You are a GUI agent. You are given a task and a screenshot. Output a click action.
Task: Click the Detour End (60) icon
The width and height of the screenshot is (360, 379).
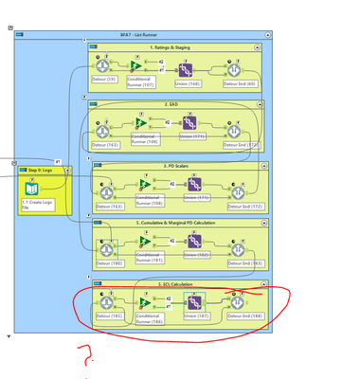pos(237,69)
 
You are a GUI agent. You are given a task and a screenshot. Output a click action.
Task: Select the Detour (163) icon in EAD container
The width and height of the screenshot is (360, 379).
pos(106,126)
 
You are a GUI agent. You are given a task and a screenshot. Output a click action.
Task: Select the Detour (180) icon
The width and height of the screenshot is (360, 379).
pos(106,244)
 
